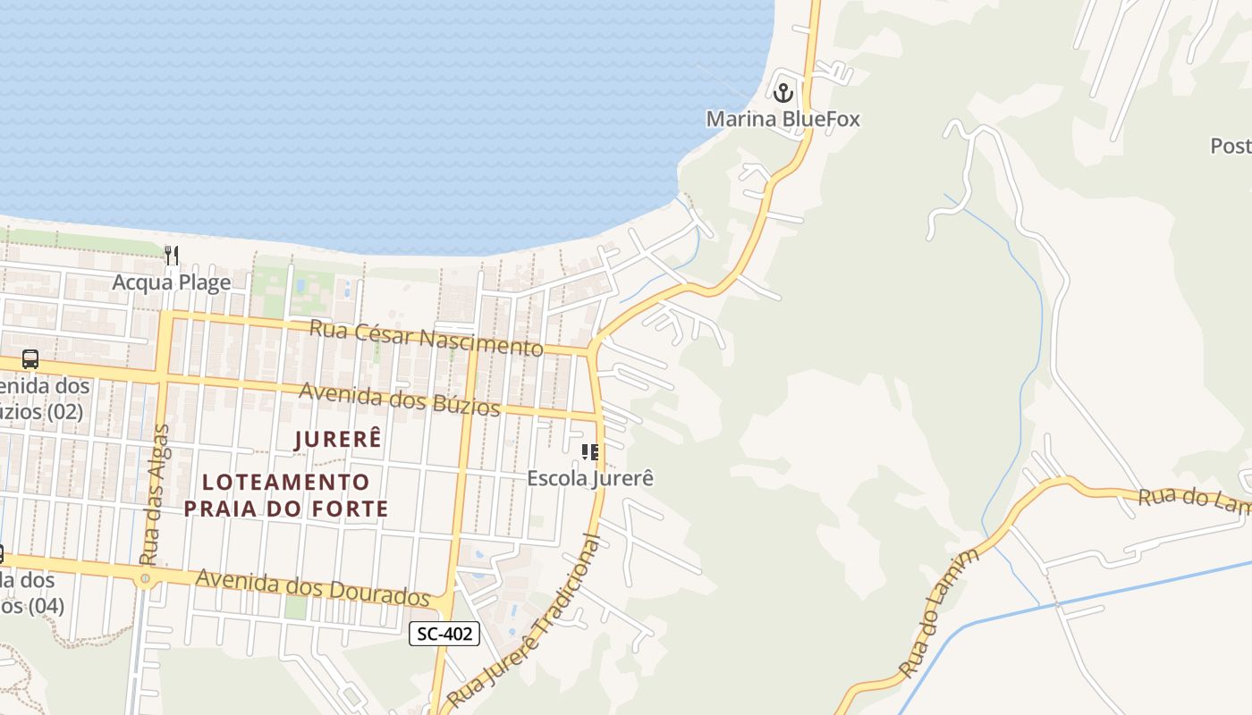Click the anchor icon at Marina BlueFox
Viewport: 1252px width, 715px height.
(783, 92)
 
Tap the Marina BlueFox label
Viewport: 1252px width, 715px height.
(782, 119)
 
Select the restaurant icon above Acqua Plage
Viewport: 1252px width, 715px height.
(172, 256)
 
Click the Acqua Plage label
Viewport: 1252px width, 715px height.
(172, 282)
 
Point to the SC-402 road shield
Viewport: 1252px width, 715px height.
(444, 635)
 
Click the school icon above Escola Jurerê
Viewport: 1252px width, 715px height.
(590, 451)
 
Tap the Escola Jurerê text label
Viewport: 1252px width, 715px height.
(590, 478)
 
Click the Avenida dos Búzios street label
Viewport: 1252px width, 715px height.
(399, 400)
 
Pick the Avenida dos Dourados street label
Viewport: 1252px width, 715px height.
(312, 587)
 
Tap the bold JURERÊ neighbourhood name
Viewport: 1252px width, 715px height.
(338, 439)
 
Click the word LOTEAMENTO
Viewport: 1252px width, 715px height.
(286, 483)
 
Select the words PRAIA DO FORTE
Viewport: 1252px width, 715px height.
(286, 509)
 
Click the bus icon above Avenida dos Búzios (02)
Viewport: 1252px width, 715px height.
(30, 359)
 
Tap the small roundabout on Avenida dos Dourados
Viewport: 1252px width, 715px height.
(145, 580)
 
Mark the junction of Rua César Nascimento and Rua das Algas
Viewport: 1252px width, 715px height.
(166, 316)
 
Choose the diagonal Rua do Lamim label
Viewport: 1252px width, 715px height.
(939, 615)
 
